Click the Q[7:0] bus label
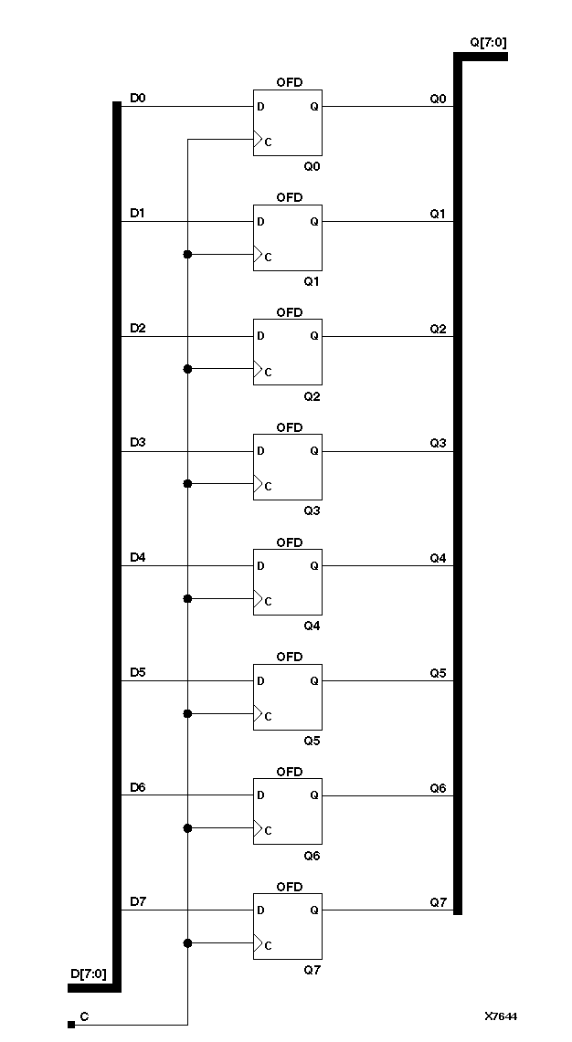click(x=487, y=43)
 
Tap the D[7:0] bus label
click(x=88, y=974)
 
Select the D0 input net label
click(x=137, y=98)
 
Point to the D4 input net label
click(x=137, y=557)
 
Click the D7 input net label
click(x=137, y=901)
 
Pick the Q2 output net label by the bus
click(x=438, y=328)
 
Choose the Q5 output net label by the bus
click(x=438, y=673)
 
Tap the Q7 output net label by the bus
click(x=438, y=902)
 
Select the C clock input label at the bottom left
click(x=84, y=1016)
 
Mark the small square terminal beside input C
click(x=71, y=1025)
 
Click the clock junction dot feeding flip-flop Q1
click(x=187, y=254)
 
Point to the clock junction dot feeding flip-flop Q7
click(x=187, y=943)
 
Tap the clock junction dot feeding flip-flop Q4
click(x=187, y=599)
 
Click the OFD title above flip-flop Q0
click(x=289, y=82)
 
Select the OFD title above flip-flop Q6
click(x=289, y=772)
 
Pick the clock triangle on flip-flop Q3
click(x=259, y=485)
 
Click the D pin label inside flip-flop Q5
click(x=261, y=680)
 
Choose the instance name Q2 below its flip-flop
click(x=312, y=396)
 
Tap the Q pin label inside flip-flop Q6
click(x=314, y=795)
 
